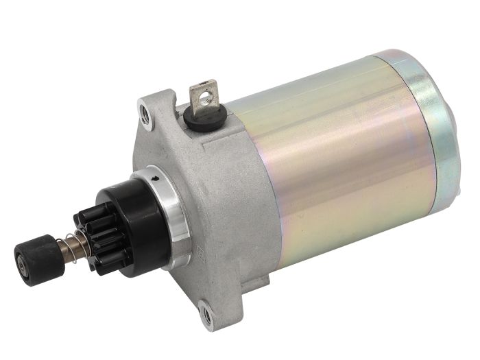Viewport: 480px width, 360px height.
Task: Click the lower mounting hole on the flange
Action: (x=204, y=316)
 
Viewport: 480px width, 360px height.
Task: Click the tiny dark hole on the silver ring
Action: (x=159, y=180)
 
